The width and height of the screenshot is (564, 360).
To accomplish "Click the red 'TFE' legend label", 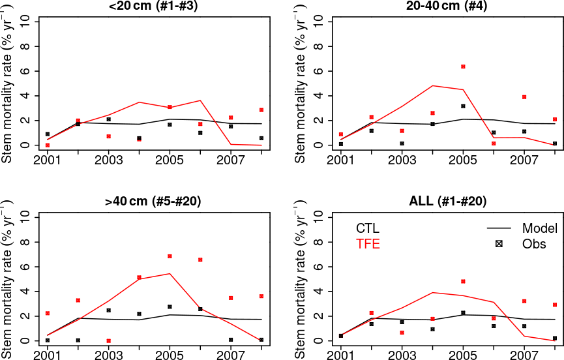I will [368, 245].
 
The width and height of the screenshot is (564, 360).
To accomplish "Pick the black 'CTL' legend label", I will [368, 228].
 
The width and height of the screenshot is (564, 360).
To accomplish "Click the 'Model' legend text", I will [539, 228].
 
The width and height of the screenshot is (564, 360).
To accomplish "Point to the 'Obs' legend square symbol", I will [499, 245].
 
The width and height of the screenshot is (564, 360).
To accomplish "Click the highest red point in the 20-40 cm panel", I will [464, 67].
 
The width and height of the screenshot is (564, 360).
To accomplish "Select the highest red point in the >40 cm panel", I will [170, 256].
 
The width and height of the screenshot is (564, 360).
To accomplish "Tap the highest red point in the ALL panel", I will [464, 281].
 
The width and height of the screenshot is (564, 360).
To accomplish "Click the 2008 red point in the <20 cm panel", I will [261, 110].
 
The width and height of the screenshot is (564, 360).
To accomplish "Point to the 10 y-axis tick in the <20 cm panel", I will [26, 22].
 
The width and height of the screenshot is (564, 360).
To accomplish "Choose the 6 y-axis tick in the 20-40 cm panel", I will [319, 71].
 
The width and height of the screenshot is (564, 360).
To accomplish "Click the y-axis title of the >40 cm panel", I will [7, 277].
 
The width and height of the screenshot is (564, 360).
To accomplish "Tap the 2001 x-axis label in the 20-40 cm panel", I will [341, 158].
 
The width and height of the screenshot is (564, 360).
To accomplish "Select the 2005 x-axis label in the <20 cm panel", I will [170, 158].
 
